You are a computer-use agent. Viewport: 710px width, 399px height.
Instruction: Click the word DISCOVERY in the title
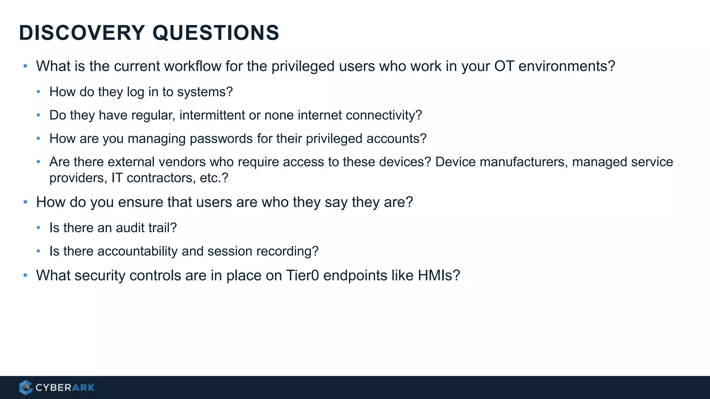[x=82, y=33]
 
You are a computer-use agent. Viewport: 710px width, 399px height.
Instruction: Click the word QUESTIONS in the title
[x=216, y=33]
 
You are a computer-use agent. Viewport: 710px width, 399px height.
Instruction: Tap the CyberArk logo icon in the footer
[x=25, y=387]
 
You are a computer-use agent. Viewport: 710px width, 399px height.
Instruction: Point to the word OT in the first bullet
[x=504, y=66]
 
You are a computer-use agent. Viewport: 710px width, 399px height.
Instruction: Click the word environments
[x=566, y=66]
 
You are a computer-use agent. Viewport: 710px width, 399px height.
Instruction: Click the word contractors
[x=161, y=178]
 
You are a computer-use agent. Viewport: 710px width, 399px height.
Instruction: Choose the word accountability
[x=137, y=251]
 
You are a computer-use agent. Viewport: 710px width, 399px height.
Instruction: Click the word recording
[x=287, y=251]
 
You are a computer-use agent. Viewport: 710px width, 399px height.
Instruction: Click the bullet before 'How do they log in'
[x=38, y=92]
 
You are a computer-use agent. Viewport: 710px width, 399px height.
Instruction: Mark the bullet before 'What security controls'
[x=25, y=275]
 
